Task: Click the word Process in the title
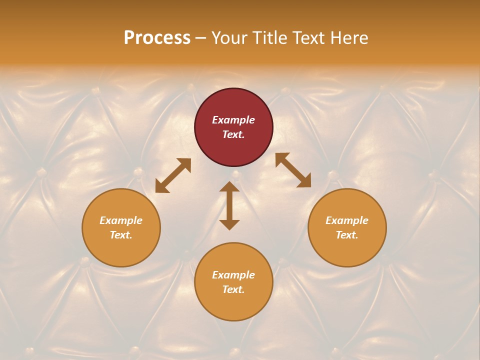click(x=157, y=38)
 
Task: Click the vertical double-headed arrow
click(x=229, y=205)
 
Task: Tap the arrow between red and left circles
click(x=173, y=175)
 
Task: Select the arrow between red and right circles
click(x=293, y=170)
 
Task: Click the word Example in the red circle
click(x=233, y=120)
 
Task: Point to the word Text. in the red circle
click(x=233, y=134)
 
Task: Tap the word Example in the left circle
click(x=121, y=220)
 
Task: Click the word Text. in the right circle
click(x=347, y=235)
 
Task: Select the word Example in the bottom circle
click(x=233, y=275)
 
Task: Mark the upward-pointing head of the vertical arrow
click(x=229, y=187)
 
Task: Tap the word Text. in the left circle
click(x=121, y=235)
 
